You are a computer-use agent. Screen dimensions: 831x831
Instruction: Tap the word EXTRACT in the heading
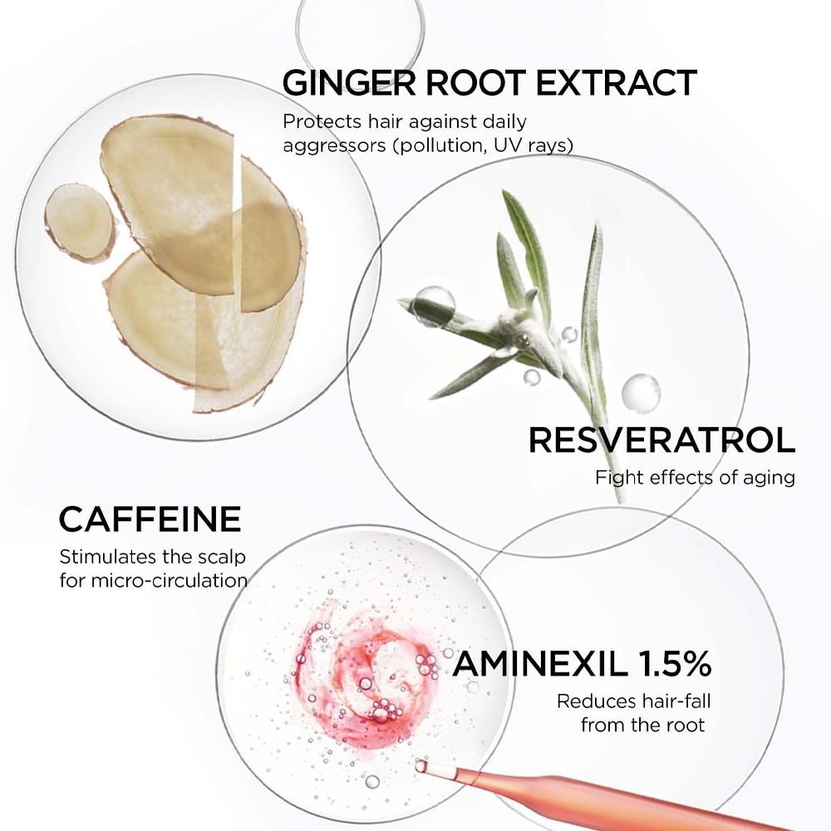pos(617,82)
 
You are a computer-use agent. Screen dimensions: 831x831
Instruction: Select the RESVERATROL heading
pos(662,440)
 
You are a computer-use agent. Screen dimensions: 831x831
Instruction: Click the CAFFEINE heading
pos(150,519)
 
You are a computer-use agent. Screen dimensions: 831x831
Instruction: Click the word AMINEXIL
pos(540,663)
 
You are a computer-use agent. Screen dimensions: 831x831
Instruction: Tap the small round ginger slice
pos(80,222)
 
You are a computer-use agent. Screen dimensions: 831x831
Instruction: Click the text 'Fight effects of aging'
pos(695,478)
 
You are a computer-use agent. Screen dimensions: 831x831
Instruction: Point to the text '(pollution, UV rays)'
pos(483,145)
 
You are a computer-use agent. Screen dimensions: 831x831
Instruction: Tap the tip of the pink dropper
pos(420,765)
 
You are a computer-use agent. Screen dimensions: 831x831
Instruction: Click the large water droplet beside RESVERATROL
pos(641,392)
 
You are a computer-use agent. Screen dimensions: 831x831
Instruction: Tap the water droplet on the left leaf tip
pos(434,306)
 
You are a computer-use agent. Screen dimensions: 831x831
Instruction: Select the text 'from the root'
pos(643,725)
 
